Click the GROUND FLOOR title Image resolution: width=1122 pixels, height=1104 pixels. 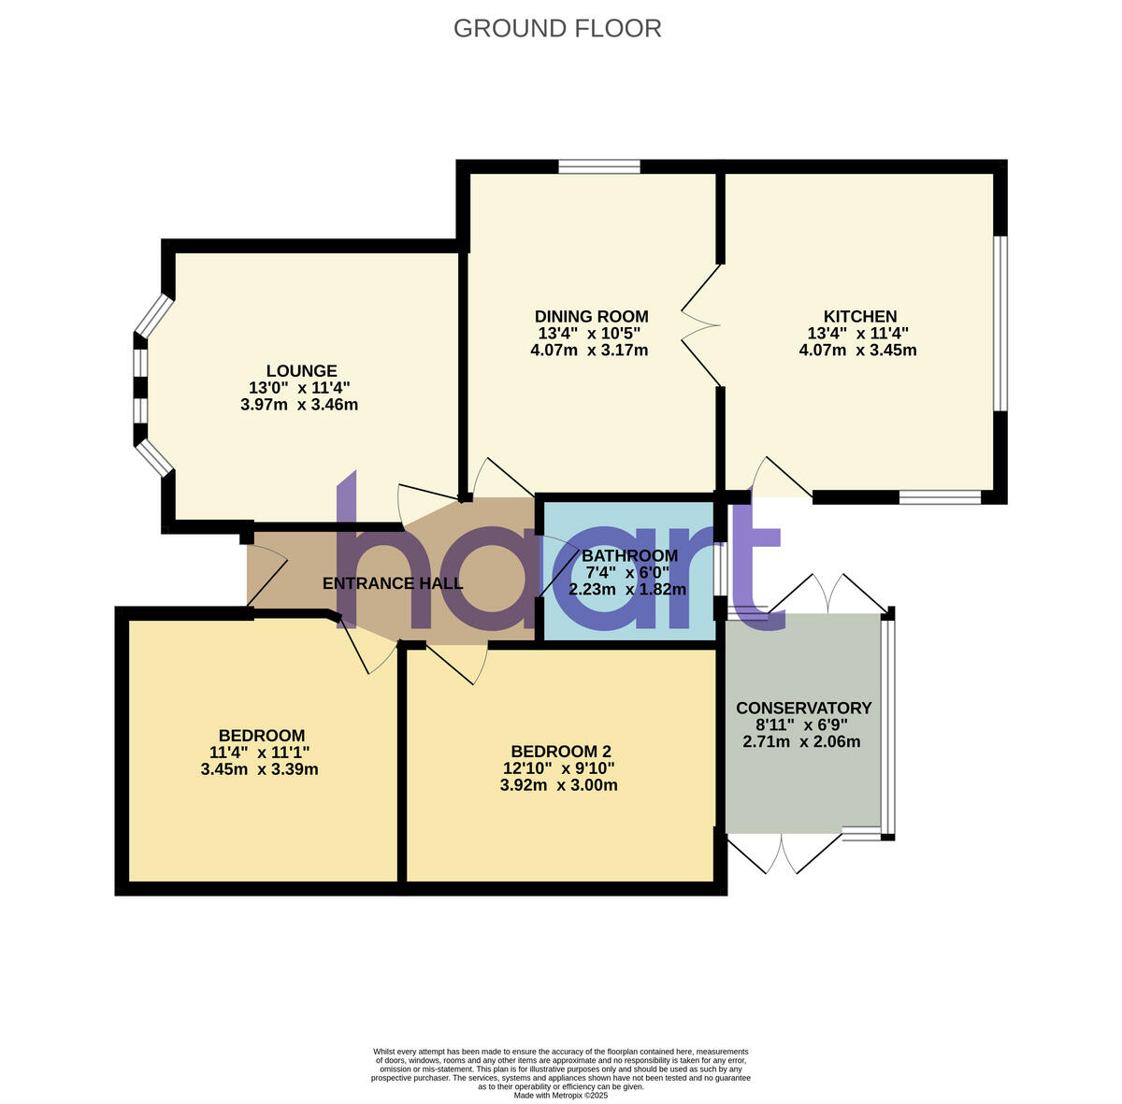(557, 28)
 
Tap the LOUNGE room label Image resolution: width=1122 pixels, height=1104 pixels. (301, 371)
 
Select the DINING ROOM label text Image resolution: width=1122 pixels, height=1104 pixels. (591, 316)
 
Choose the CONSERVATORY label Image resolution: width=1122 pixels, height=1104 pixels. (803, 708)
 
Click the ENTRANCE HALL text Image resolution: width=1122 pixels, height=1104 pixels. (392, 583)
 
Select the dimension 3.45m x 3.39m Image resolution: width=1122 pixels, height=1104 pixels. (259, 769)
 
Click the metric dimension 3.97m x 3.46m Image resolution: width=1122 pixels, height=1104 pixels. (299, 405)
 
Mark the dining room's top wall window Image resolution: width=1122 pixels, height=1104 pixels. (599, 166)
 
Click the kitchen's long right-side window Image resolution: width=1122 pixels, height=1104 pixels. (1000, 323)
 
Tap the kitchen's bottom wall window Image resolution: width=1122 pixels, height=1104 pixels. (940, 497)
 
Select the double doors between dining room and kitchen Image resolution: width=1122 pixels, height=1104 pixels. (701, 324)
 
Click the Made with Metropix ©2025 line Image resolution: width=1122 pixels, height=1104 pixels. (560, 1095)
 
